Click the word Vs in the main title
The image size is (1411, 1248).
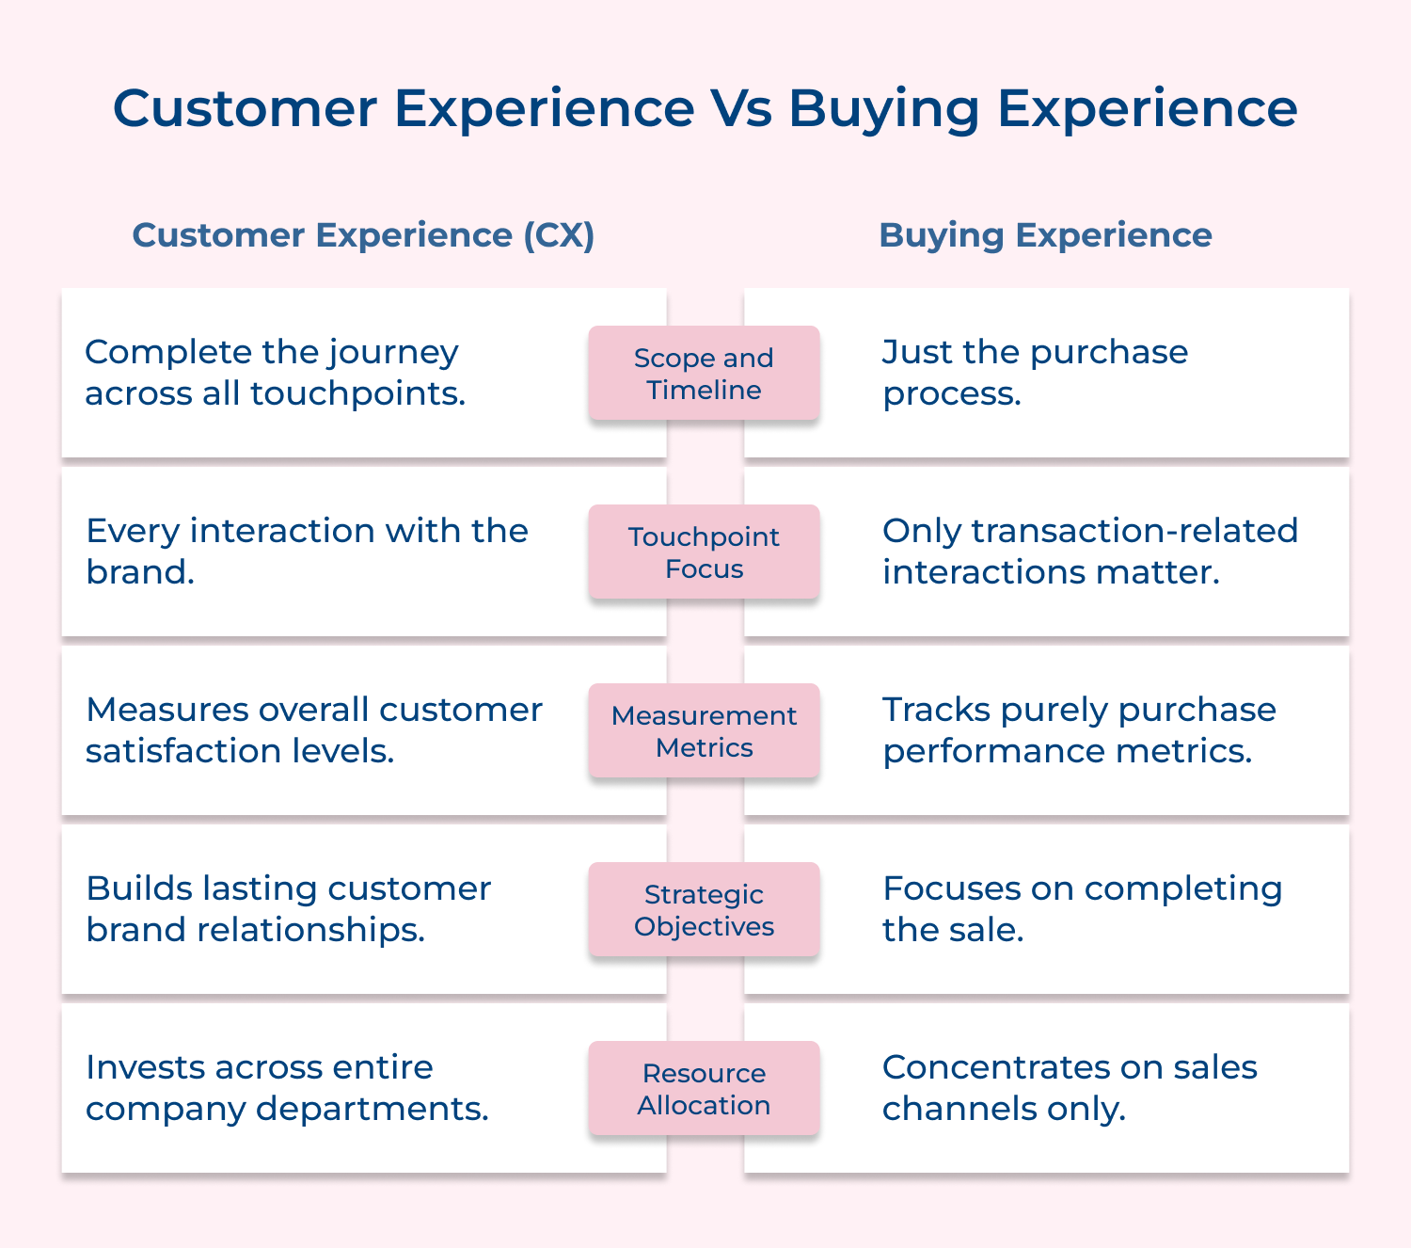tap(741, 108)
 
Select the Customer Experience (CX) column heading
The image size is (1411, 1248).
tap(363, 235)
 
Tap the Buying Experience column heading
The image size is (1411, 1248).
tap(1045, 235)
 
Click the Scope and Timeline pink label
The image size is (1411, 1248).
tap(704, 374)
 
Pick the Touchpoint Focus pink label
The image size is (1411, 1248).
tap(704, 552)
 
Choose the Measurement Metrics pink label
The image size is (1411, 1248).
tap(704, 731)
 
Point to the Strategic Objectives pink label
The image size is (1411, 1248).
tap(704, 910)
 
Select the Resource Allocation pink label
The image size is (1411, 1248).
tap(704, 1089)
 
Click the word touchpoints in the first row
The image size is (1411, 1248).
tap(357, 394)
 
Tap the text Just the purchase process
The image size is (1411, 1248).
tap(1035, 373)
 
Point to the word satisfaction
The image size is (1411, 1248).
tap(184, 751)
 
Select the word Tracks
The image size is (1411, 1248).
tap(936, 710)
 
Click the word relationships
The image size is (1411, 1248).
tap(310, 930)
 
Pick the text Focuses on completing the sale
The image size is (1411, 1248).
tap(1082, 909)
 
